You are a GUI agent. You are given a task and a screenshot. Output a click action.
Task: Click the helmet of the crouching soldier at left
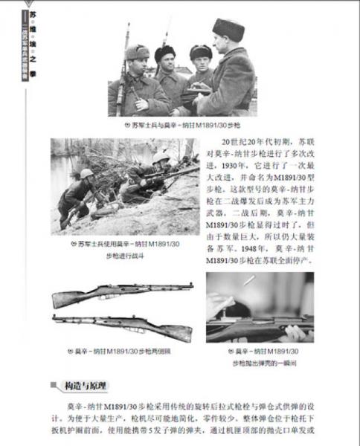[87, 174]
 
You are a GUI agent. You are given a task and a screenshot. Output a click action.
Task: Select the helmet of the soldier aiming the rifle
[161, 158]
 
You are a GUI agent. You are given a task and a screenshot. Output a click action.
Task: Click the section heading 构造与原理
[86, 386]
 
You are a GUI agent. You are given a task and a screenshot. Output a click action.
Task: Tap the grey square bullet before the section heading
[54, 386]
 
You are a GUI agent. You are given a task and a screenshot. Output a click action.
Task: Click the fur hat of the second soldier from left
[164, 51]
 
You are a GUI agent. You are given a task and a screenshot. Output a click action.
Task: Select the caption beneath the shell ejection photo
[260, 356]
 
